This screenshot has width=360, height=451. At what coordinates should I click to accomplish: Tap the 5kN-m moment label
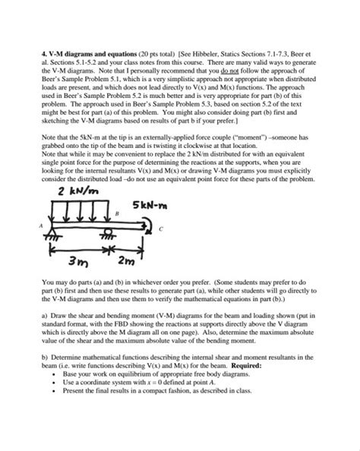click(175, 206)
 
